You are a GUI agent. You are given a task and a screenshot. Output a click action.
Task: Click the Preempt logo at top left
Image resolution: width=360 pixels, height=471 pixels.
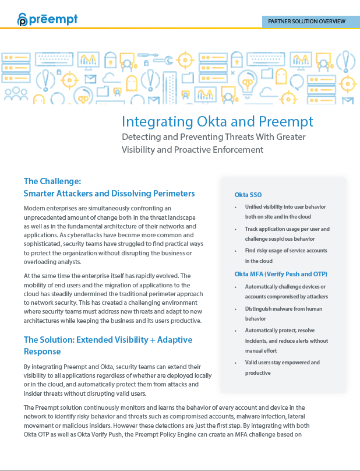(x=47, y=19)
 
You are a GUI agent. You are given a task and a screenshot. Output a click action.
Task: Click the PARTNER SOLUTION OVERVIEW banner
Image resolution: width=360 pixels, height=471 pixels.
(x=306, y=21)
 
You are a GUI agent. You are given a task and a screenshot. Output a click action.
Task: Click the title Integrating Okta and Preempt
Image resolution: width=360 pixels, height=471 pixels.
(x=217, y=121)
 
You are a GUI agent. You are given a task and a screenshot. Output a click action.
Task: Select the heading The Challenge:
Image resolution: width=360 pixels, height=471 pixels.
(x=56, y=181)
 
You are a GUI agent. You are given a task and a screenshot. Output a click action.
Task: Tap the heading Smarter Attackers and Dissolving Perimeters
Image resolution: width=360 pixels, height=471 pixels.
(x=109, y=193)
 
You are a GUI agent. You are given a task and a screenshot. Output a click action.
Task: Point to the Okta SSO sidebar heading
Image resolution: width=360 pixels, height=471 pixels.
(x=249, y=194)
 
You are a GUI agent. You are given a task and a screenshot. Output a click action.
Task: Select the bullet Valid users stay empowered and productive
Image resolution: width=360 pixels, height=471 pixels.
(x=282, y=367)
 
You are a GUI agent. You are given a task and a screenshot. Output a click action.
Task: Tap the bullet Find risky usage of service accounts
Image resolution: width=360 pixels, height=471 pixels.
(x=285, y=250)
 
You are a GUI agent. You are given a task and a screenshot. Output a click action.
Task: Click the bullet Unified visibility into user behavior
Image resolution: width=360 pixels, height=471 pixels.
(x=285, y=207)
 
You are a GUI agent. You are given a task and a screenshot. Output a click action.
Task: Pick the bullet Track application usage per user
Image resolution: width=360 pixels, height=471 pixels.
(x=287, y=229)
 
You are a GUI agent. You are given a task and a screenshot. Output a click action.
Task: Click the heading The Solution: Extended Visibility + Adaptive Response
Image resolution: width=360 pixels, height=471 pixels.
(x=108, y=345)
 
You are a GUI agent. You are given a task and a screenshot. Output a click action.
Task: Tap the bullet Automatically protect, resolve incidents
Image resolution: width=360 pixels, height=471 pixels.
(x=285, y=335)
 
